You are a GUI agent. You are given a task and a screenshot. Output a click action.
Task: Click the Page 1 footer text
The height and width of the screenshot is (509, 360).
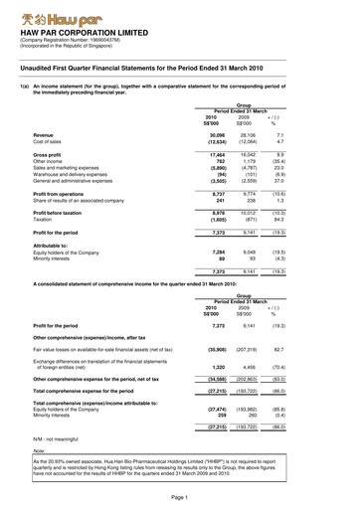[x=179, y=496]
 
